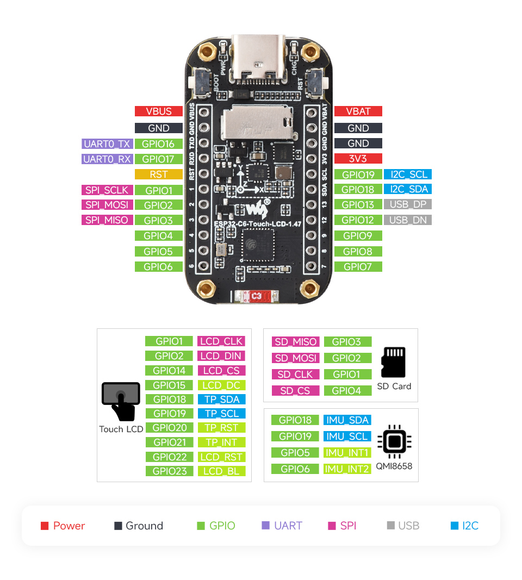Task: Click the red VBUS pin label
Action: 158,111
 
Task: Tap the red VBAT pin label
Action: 358,111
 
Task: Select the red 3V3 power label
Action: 358,159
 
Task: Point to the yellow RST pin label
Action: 158,174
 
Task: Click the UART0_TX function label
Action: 107,144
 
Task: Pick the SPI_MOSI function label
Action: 107,205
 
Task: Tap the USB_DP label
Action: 408,204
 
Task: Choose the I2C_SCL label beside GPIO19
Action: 408,174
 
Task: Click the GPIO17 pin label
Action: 158,159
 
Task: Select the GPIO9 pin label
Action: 358,236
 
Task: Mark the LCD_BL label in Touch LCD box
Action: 221,471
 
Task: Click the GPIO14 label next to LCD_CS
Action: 169,371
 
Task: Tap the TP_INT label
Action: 221,442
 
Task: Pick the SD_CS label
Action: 295,391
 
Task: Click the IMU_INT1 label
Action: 347,453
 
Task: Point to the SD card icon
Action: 394,362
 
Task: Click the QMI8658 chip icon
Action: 394,441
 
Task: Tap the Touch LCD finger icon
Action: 121,401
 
